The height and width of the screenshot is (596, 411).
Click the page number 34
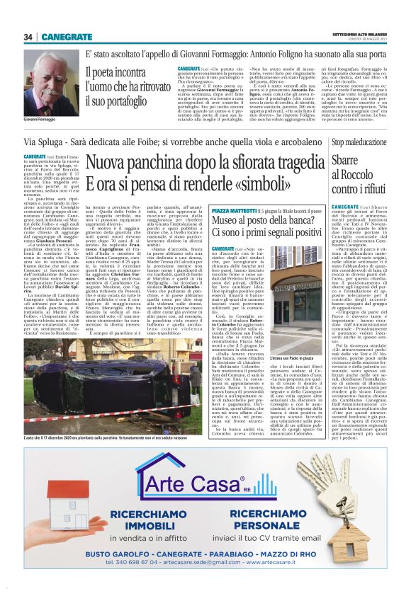(28, 37)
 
